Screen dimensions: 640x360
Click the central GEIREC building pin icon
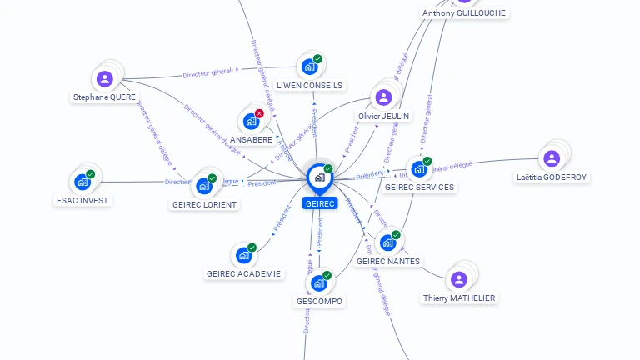[319, 177]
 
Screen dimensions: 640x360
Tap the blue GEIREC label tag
[320, 203]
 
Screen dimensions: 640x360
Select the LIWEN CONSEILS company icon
[309, 67]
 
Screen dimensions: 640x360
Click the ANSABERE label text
[251, 139]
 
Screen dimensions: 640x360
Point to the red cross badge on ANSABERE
[259, 113]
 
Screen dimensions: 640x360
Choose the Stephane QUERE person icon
[104, 79]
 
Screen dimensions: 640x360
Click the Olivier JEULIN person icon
[383, 97]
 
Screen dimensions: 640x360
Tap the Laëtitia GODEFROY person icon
[551, 158]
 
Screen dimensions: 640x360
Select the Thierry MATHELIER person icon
[457, 279]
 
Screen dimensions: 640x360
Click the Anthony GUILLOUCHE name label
[463, 13]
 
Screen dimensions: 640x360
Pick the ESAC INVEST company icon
[82, 182]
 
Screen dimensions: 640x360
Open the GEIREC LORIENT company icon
[203, 186]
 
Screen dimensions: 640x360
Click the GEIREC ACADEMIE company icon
[243, 255]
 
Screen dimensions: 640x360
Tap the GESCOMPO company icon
[318, 283]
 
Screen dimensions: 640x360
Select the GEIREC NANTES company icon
[387, 242]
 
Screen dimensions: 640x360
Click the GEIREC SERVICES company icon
[419, 169]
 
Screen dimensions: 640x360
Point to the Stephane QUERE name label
[104, 97]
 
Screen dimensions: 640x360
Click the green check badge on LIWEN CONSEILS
[317, 59]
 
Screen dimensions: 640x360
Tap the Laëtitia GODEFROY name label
[551, 177]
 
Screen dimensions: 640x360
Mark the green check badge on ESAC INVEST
[90, 174]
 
